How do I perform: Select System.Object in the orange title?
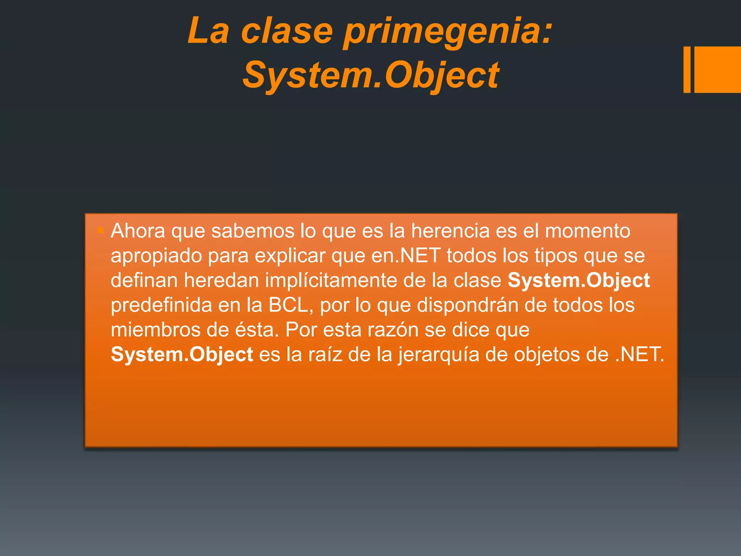click(371, 75)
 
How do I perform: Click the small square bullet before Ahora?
click(101, 230)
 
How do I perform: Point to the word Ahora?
click(138, 231)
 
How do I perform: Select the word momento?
click(588, 231)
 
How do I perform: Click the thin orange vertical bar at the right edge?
click(687, 69)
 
